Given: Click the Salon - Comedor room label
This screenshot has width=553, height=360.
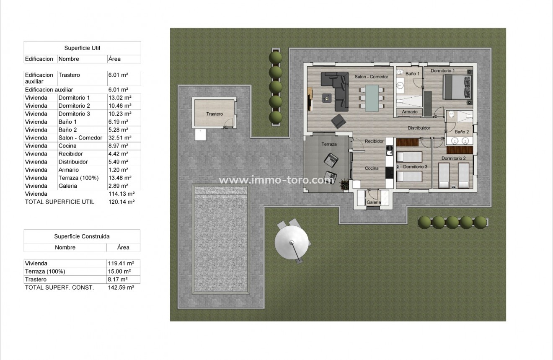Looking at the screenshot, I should (x=371, y=77).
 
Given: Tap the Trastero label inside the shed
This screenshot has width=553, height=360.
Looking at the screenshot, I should (x=214, y=114).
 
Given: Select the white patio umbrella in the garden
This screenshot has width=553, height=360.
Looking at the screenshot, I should (x=292, y=242).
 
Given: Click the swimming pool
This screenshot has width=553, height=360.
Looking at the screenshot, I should (x=220, y=239).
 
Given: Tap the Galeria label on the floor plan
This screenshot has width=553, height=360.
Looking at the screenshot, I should (x=374, y=202).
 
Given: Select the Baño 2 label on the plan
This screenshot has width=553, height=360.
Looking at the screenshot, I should (x=462, y=132).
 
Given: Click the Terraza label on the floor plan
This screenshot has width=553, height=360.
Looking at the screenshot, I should (x=329, y=144).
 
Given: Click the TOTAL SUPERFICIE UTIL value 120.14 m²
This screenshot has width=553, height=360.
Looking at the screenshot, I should (x=121, y=202).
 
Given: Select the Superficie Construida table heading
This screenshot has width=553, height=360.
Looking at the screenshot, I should (x=82, y=236).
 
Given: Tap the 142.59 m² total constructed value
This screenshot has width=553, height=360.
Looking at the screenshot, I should (x=121, y=287).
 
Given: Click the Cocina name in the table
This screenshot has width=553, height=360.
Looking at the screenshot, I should (x=67, y=146).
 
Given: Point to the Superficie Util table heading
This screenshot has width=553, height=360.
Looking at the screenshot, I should (x=82, y=48).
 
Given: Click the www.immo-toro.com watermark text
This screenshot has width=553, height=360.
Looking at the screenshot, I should (x=276, y=180).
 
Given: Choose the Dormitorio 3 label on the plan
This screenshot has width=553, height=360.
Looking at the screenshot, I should (x=415, y=167).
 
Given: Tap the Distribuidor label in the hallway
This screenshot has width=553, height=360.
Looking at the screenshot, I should (x=419, y=128).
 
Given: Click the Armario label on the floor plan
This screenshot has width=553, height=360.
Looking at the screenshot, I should (x=410, y=112).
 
